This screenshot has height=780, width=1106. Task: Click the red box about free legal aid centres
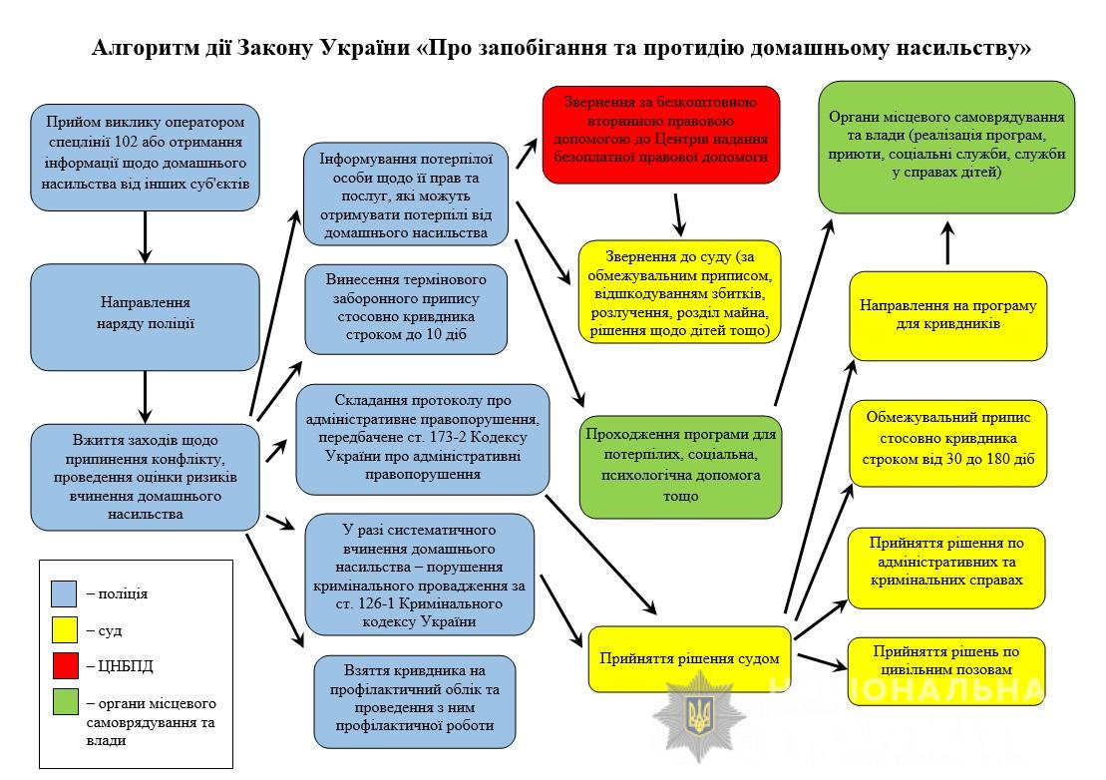click(661, 135)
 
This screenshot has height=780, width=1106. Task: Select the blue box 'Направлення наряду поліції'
click(145, 316)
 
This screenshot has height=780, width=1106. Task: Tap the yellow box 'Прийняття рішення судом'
click(689, 658)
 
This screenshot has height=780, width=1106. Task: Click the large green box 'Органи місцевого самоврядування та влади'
click(946, 146)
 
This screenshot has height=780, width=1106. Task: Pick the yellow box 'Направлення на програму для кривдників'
click(947, 315)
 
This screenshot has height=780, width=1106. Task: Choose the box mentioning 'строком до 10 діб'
click(406, 308)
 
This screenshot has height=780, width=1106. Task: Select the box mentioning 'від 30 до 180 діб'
click(947, 442)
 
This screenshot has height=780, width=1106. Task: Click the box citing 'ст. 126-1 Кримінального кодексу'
click(418, 575)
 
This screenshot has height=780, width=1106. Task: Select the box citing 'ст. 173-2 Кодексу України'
click(422, 439)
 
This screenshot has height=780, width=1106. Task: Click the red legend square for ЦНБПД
click(64, 666)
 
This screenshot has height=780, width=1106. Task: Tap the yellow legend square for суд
click(64, 630)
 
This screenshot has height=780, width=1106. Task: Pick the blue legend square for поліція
click(64, 594)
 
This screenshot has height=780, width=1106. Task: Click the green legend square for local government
click(64, 703)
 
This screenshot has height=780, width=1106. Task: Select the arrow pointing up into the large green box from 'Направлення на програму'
click(947, 242)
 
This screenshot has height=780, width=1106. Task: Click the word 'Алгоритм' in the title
click(135, 47)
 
